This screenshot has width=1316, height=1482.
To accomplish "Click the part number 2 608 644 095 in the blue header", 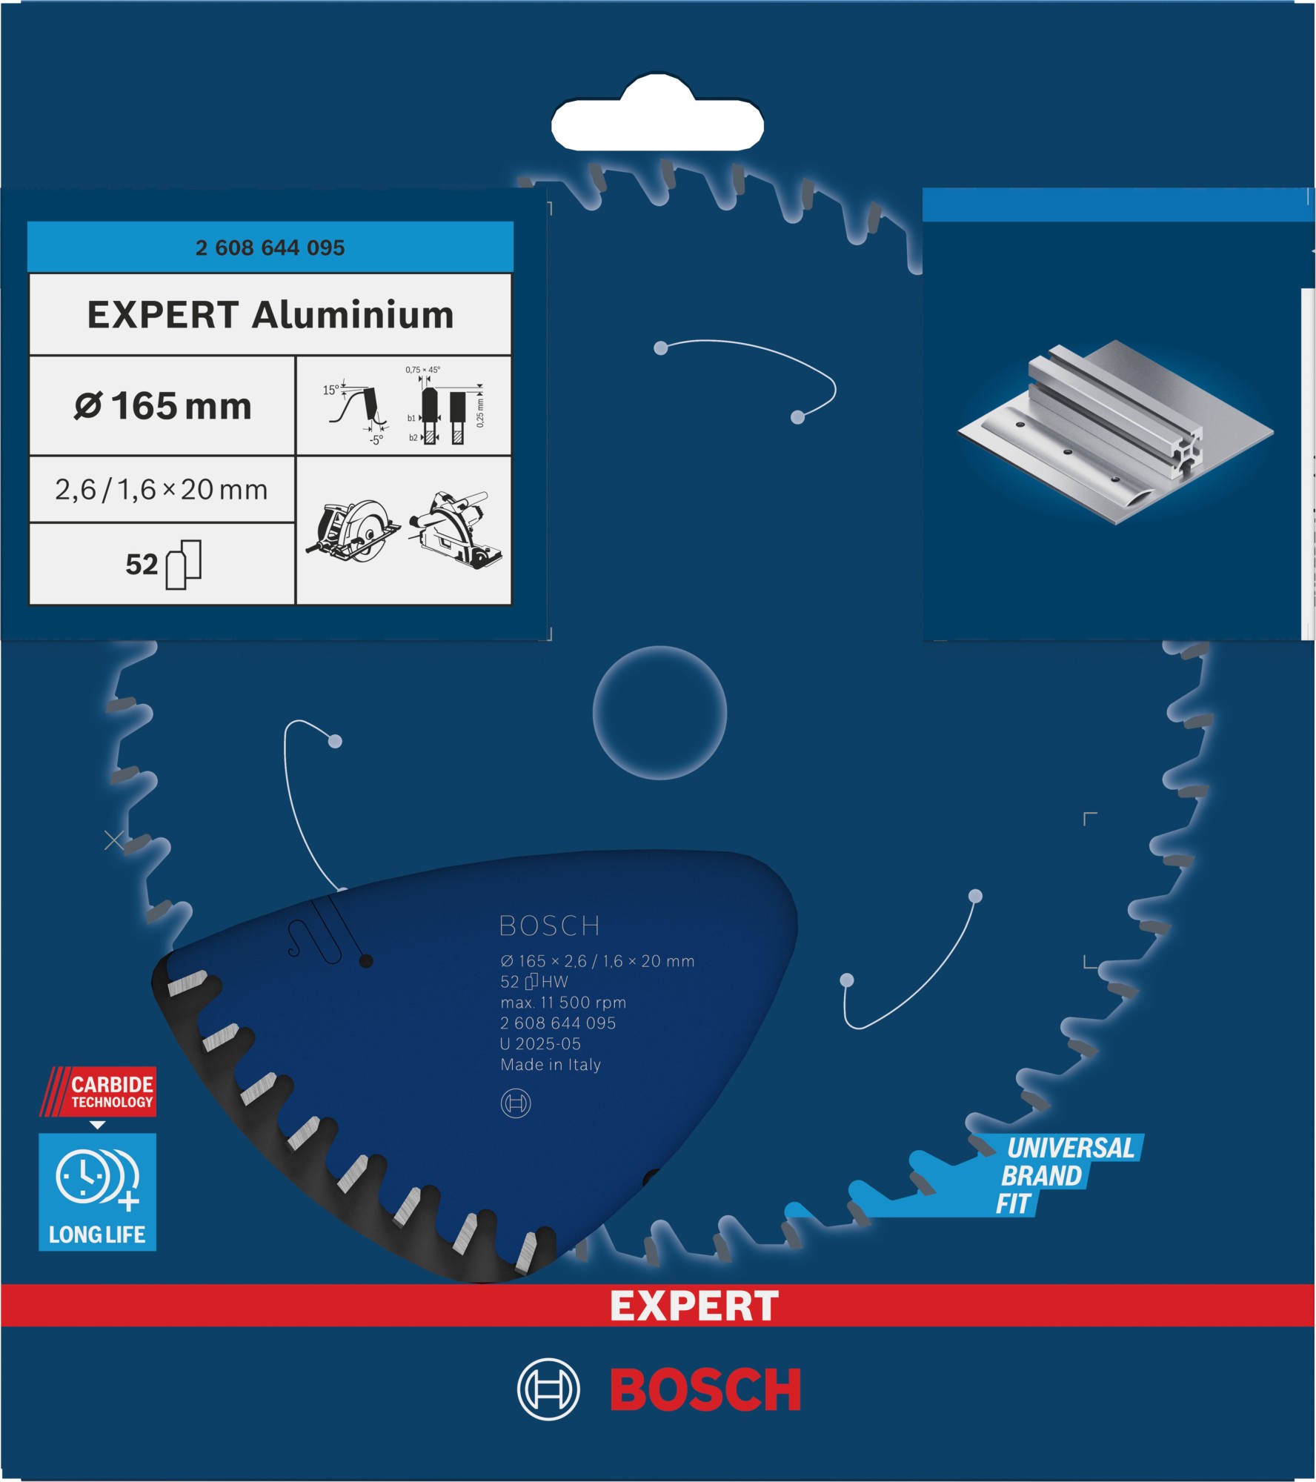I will coord(270,247).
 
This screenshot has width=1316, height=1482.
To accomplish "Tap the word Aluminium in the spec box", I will coord(353,316).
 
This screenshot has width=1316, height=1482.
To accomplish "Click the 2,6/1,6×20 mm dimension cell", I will coord(162,490).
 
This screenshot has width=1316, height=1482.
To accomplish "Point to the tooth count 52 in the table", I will coord(142,565).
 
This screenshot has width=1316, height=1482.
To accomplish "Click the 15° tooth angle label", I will coord(330,390).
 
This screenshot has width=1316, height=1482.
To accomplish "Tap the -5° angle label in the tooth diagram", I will coord(376,440).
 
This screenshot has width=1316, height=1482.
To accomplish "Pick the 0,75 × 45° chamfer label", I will coord(422,370).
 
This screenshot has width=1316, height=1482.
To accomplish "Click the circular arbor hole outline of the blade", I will coord(659,713).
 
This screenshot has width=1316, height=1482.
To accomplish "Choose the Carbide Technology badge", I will coord(99,1091).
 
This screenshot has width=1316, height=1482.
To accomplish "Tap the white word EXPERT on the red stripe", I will coord(694,1306).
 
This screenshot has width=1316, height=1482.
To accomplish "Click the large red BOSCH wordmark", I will coord(705,1390).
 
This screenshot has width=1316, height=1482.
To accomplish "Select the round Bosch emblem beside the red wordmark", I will coord(548,1389).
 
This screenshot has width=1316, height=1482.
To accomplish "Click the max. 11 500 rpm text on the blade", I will coord(563,1003).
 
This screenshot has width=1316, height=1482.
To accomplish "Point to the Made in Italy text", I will coord(551,1065).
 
